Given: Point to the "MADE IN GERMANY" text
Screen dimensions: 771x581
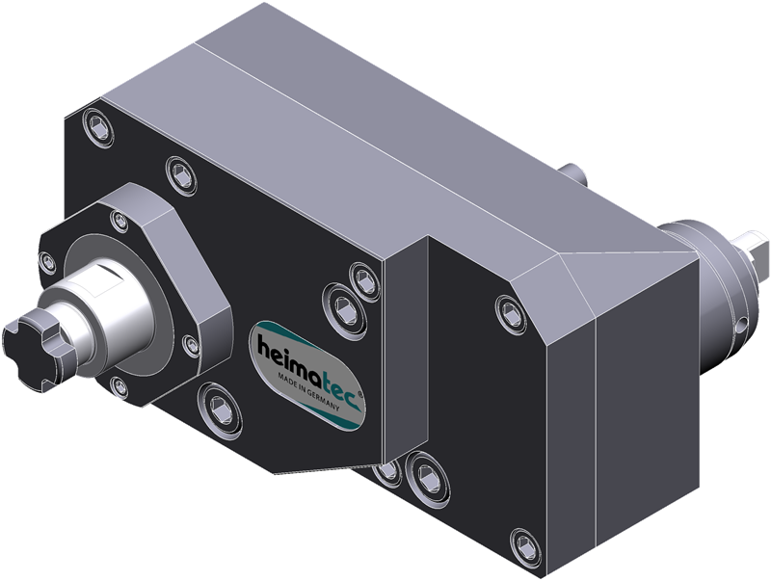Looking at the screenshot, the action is click(308, 392).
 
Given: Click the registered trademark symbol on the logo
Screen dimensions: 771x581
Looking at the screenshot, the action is click(360, 394).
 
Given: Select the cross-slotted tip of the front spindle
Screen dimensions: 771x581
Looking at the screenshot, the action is click(37, 347).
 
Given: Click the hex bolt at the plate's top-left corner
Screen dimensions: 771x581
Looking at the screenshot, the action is click(98, 128).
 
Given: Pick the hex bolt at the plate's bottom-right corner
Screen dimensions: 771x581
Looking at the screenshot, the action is click(525, 547).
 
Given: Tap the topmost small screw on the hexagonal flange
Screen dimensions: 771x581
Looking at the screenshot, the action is click(119, 221).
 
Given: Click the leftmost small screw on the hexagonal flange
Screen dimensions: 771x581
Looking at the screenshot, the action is click(47, 262).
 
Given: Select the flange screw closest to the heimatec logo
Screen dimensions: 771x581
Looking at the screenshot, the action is click(191, 346).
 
